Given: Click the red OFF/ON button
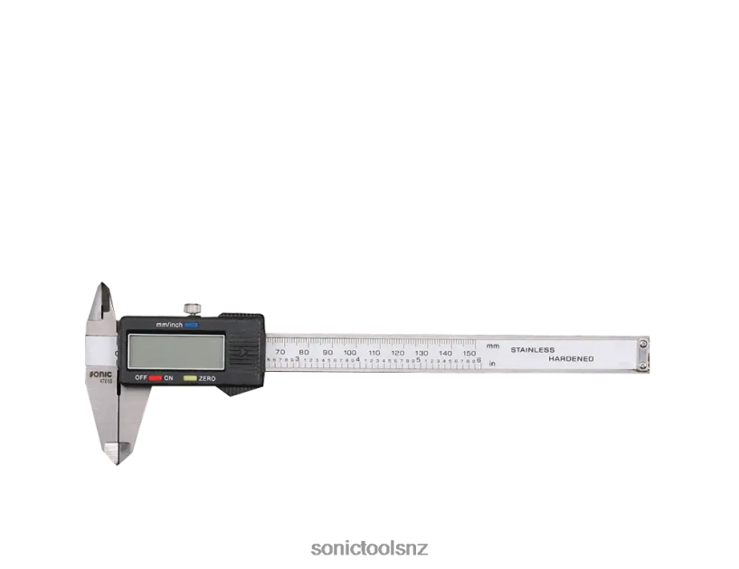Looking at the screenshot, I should [x=156, y=377].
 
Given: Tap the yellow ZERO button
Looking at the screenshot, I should [x=190, y=377].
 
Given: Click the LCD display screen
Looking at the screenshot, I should [x=172, y=350].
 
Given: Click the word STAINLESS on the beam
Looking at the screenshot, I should [x=533, y=349].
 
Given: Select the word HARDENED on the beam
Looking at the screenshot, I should [x=571, y=359].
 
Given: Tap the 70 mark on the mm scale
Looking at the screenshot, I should [x=279, y=352].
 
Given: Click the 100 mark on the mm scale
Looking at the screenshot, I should [x=350, y=352].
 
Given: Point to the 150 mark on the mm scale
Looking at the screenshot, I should [x=469, y=352].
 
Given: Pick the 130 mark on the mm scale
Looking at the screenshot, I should [x=422, y=352].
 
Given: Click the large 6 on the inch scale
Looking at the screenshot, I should [x=478, y=360].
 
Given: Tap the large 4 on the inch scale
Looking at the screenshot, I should [x=358, y=360].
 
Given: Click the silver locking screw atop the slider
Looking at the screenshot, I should [x=193, y=307].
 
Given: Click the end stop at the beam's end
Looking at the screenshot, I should [x=642, y=353].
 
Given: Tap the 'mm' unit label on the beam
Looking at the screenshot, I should [x=492, y=346].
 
